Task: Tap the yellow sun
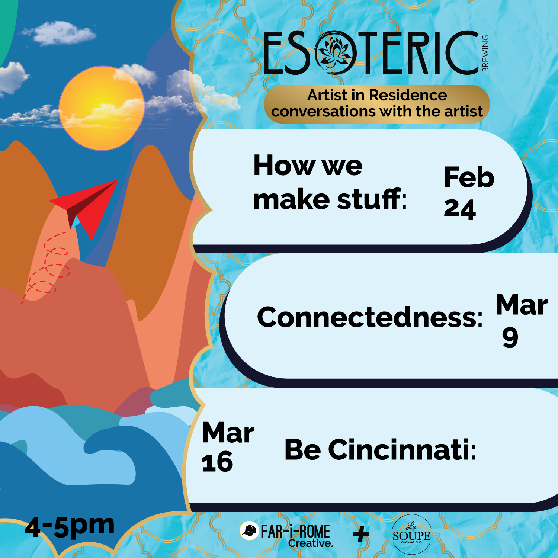tap(101, 108)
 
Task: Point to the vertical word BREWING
tap(485, 53)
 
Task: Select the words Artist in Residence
tap(377, 95)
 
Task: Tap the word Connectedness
tap(369, 317)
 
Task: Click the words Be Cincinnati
tap(380, 450)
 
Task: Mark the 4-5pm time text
tap(70, 526)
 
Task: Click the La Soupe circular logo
tap(411, 535)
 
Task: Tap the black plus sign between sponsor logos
tap(360, 535)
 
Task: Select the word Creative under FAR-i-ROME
tap(310, 543)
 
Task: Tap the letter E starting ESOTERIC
tap(276, 53)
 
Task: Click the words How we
tap(308, 166)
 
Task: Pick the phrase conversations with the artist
tap(377, 112)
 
